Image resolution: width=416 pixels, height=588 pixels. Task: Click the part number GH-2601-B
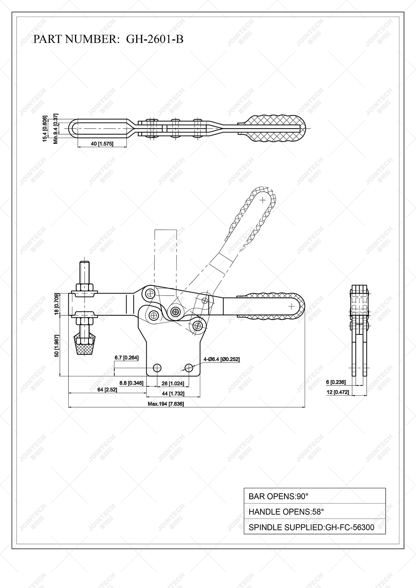[155, 39]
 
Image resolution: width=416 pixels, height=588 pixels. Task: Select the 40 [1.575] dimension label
[102, 144]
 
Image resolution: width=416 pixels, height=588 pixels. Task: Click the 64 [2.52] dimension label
[107, 390]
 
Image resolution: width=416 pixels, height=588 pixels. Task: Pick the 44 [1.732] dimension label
[173, 394]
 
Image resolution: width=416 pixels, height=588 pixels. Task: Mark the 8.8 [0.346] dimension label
[131, 383]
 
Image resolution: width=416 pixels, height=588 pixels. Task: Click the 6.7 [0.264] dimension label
[127, 358]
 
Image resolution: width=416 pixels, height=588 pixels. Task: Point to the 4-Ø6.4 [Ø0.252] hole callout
[221, 359]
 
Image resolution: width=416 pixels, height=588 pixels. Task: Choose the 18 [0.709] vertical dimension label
[56, 304]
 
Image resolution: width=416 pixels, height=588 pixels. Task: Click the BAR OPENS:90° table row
[314, 496]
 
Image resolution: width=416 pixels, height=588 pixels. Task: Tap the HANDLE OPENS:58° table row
[314, 512]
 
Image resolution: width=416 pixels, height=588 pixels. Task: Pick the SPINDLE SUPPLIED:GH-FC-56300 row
[314, 527]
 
